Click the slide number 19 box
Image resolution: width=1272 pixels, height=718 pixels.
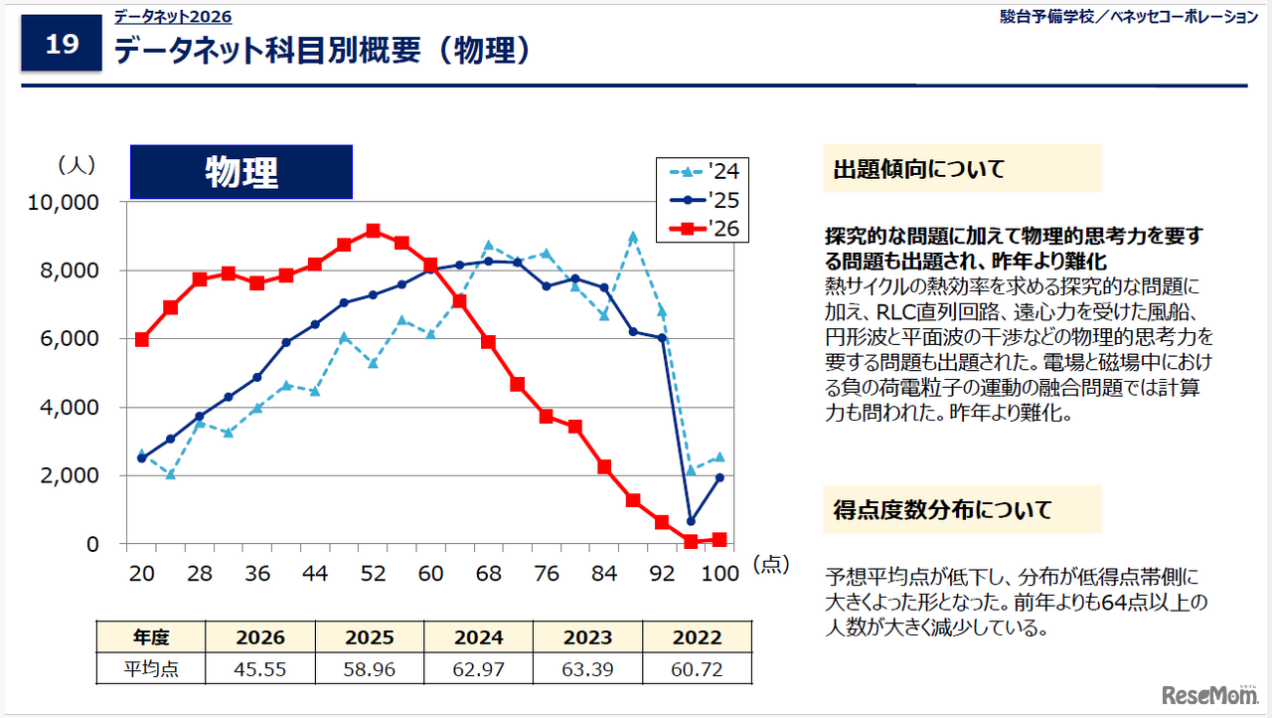tap(62, 45)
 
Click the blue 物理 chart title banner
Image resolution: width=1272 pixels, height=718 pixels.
tap(241, 172)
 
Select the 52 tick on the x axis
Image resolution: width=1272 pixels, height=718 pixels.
tap(373, 574)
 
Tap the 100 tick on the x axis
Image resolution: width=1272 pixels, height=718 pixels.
tap(719, 574)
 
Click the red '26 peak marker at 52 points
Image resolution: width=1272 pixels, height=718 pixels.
tap(373, 231)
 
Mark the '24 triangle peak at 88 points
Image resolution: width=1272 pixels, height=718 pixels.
tap(633, 237)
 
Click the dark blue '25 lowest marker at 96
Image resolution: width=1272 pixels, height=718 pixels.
tap(691, 521)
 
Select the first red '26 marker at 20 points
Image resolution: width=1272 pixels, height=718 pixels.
tap(142, 339)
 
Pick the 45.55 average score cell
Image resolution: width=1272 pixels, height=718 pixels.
tap(259, 669)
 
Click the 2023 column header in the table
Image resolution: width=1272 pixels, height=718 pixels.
tap(587, 637)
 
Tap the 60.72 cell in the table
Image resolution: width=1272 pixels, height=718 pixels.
tap(697, 669)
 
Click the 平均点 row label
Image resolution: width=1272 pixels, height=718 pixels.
tap(150, 669)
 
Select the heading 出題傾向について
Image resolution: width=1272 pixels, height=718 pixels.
tap(919, 169)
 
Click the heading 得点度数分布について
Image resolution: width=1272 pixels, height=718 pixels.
tap(942, 510)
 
